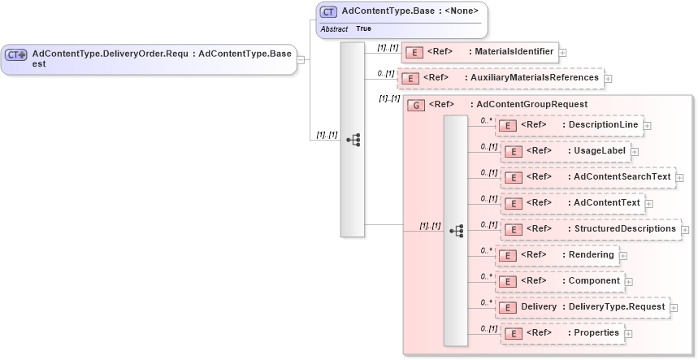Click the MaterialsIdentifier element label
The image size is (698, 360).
point(514,52)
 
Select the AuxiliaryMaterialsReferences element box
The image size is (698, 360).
point(500,78)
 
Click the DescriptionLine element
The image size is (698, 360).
point(569,125)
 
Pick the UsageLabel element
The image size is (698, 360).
point(565,151)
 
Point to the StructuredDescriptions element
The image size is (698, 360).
point(589,229)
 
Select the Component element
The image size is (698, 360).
point(560,281)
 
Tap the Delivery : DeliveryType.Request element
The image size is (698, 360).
point(582,307)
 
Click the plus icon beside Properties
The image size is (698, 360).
point(629,334)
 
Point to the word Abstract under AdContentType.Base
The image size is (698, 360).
point(334,28)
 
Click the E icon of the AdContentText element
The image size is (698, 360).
point(512,204)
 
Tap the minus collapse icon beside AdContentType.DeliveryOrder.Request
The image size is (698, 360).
point(301,59)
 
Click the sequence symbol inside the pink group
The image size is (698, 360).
point(456,231)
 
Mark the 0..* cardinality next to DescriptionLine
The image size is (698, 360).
point(487,120)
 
